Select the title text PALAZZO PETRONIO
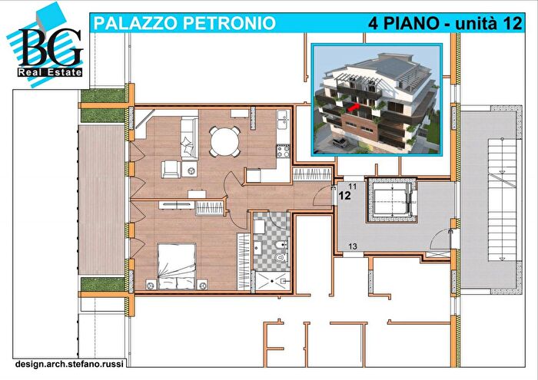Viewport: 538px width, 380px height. tap(184, 23)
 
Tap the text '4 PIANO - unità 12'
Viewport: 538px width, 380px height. tap(439, 23)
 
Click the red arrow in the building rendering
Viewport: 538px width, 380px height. tap(352, 110)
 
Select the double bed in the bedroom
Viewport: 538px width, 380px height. tap(177, 265)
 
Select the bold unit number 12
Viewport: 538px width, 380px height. tap(344, 196)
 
